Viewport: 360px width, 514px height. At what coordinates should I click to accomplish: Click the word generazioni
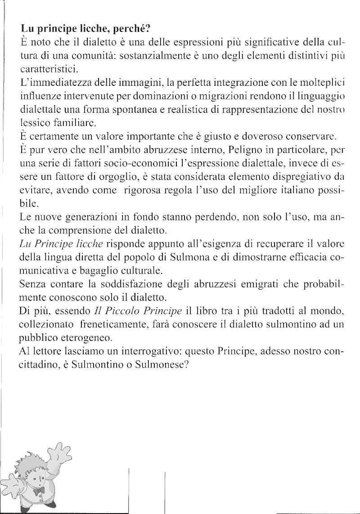tap(94, 217)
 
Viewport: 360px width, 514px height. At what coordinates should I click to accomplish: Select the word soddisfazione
tap(139, 285)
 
